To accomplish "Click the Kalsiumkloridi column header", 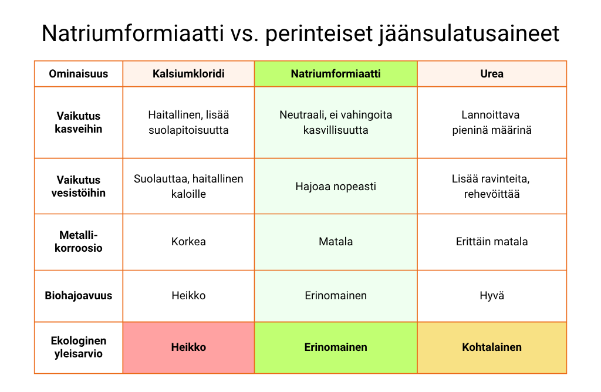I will point(188,74).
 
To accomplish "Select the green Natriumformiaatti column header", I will point(336,74).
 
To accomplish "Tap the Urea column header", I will point(492,74).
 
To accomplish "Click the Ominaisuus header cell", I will point(79,74).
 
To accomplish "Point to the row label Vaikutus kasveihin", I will point(79,123).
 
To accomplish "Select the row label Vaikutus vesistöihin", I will point(79,186).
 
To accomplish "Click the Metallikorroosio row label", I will point(79,242).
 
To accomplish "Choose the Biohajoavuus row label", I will point(79,296).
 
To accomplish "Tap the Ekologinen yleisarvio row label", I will point(79,347).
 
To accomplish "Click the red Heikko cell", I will point(188,347).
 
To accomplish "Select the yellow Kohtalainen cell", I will point(492,347).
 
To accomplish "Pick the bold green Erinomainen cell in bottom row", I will point(336,347).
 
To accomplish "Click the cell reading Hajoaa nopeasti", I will point(336,187).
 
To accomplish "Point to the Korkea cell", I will point(188,242).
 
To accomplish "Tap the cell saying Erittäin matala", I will point(492,242).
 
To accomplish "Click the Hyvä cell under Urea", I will point(492,296).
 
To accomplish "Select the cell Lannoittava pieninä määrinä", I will point(492,123).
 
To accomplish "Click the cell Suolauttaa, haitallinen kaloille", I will point(188,186).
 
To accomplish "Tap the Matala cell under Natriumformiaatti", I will point(336,242).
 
